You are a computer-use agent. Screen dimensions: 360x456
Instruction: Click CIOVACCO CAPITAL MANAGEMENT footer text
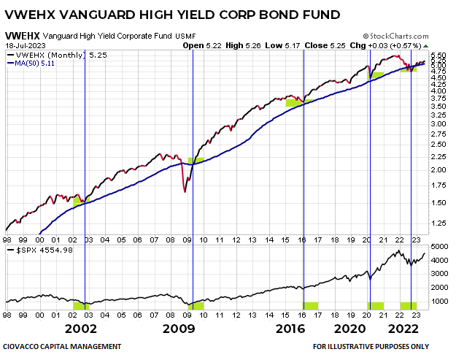pos(62,347)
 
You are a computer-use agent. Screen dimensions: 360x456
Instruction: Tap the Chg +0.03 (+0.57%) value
pos(384,45)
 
